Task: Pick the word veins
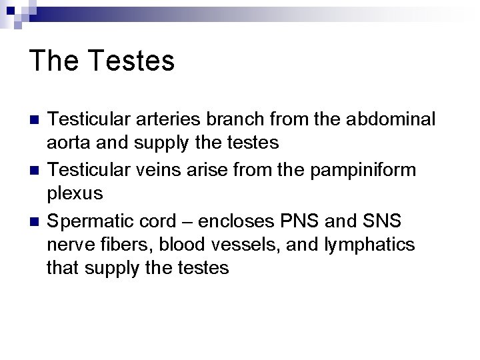pos(171,171)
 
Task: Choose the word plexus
pos(75,193)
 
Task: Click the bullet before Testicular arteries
pos(35,120)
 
